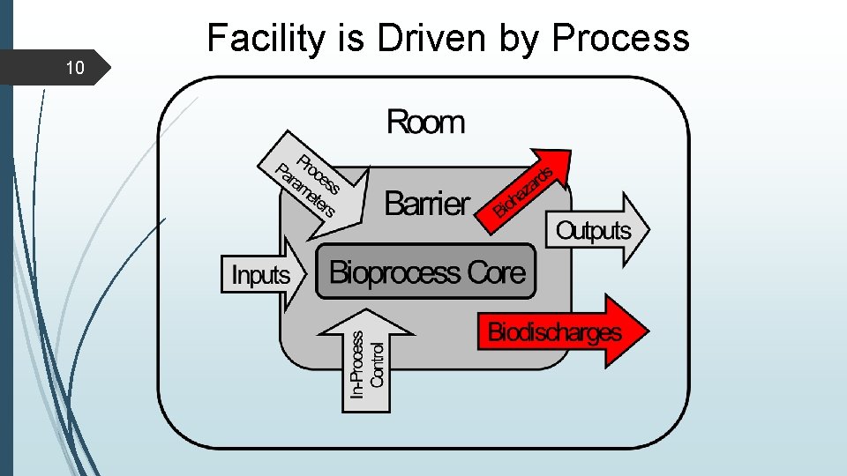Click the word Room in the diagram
[425, 122]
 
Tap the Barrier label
[428, 204]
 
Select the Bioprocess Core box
[426, 272]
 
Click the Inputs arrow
[262, 274]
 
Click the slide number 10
[76, 68]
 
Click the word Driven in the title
[414, 38]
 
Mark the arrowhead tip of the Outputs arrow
[649, 230]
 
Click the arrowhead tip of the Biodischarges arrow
[648, 332]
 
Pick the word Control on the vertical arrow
[378, 365]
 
